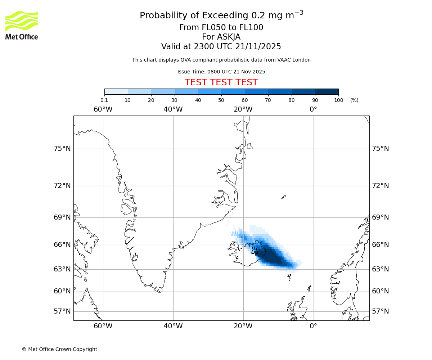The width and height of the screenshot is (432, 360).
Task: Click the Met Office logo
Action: pyautogui.click(x=22, y=25)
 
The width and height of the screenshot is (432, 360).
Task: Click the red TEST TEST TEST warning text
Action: pyautogui.click(x=221, y=82)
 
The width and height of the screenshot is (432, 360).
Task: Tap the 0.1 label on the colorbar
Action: pyautogui.click(x=104, y=100)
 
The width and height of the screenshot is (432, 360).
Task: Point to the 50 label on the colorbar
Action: pyautogui.click(x=221, y=100)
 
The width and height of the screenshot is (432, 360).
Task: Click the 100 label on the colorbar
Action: pyautogui.click(x=338, y=100)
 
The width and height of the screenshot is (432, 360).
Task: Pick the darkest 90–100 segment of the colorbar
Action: pyautogui.click(x=327, y=91)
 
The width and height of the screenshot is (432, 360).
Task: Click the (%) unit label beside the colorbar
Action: pyautogui.click(x=354, y=100)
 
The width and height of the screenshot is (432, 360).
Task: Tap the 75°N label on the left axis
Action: pyautogui.click(x=62, y=149)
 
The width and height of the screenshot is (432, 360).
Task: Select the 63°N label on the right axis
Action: pyautogui.click(x=380, y=269)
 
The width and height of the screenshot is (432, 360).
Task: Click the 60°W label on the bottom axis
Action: pyautogui.click(x=103, y=326)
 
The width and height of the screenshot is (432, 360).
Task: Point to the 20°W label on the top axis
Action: pyautogui.click(x=243, y=109)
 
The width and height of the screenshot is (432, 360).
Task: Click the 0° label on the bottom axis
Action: pyautogui.click(x=314, y=326)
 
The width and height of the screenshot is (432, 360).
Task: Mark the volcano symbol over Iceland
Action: pyautogui.click(x=255, y=250)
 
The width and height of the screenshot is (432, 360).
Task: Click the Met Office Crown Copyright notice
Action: pyautogui.click(x=59, y=349)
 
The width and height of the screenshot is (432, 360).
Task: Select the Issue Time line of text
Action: pyautogui.click(x=221, y=72)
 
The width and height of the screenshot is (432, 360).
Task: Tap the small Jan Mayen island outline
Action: pyautogui.click(x=284, y=197)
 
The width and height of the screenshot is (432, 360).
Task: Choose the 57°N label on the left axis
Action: pyautogui.click(x=62, y=311)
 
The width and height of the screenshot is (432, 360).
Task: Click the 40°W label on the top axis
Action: pyautogui.click(x=173, y=109)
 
